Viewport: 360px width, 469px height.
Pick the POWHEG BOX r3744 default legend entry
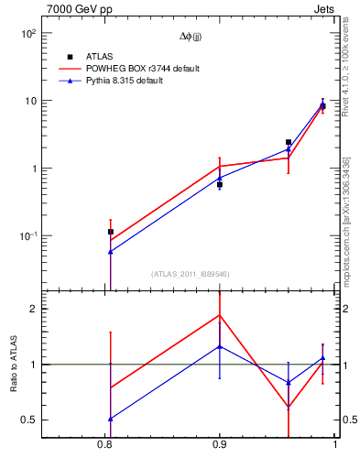point(142,69)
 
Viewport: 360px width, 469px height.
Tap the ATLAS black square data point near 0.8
point(111,232)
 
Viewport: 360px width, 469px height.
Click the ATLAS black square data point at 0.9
point(220,184)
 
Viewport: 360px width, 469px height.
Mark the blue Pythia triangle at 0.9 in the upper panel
point(220,178)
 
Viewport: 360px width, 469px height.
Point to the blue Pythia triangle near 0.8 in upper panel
point(111,251)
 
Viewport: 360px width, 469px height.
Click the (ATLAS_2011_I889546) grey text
point(190,274)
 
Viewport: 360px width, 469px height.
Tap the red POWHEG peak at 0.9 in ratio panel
point(220,315)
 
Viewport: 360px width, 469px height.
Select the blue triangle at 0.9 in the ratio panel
point(220,346)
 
